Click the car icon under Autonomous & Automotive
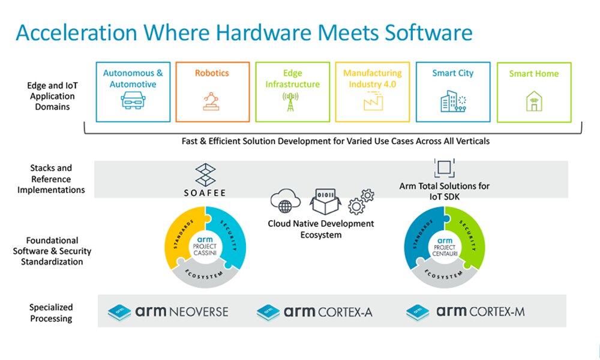(x=133, y=101)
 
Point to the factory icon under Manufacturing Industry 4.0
(x=372, y=103)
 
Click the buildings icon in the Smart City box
(x=452, y=101)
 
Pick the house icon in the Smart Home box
(x=533, y=101)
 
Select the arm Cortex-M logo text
(x=481, y=311)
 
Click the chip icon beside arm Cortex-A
(x=268, y=312)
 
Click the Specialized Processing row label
(x=51, y=313)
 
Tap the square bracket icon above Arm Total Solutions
(x=445, y=168)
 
